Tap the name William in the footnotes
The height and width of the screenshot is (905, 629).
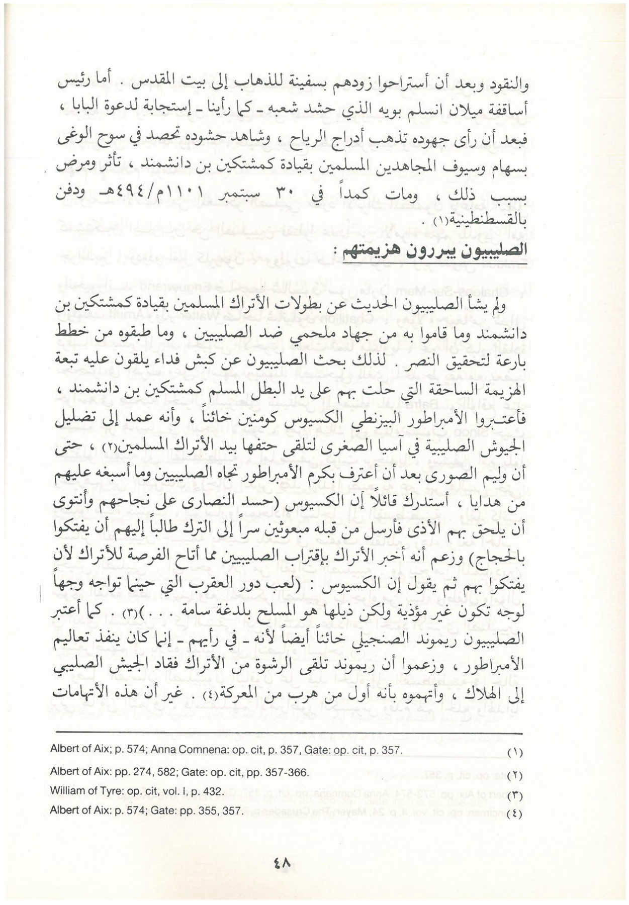[65, 791]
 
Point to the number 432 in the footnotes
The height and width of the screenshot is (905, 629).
[211, 791]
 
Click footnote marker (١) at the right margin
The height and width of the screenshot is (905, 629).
[515, 753]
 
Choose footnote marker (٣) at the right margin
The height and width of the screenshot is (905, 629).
[515, 795]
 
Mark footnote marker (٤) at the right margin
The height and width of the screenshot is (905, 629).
[515, 814]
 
